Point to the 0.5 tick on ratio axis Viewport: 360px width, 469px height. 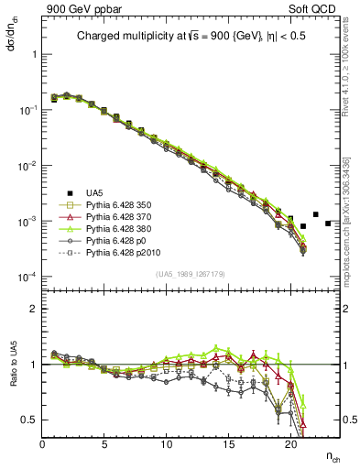29,420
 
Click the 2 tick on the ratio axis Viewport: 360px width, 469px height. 33,309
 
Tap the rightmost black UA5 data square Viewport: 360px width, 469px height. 327,223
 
